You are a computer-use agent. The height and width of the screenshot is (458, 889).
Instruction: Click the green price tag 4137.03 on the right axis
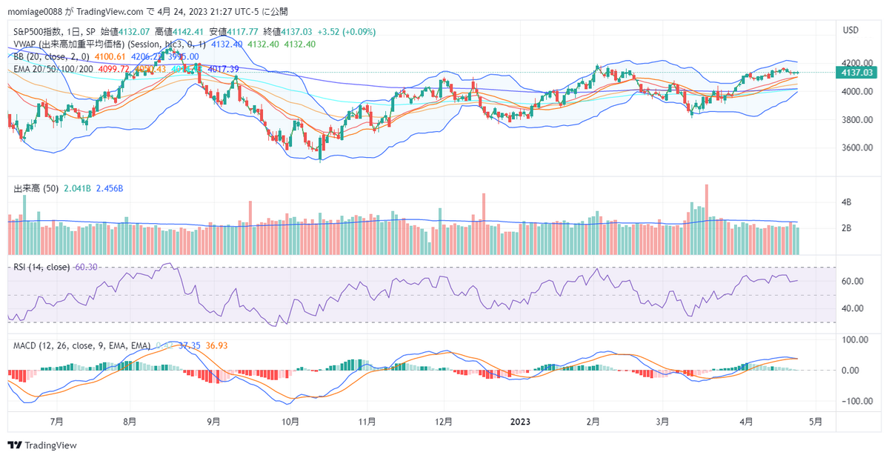coord(856,72)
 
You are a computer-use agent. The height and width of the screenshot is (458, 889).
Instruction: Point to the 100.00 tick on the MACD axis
coord(852,339)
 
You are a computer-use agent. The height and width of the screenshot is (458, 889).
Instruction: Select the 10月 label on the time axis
coord(290,422)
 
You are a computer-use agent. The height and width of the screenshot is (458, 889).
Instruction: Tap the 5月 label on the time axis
coord(815,422)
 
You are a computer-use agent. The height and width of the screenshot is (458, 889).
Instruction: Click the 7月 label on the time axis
coord(56,422)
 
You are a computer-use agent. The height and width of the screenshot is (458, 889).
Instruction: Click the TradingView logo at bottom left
coord(42,445)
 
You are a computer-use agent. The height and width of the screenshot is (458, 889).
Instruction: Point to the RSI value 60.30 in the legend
coord(87,268)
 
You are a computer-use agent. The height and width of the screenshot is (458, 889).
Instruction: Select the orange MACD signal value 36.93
coord(216,346)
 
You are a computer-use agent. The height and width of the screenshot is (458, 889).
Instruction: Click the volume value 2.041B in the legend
coord(76,188)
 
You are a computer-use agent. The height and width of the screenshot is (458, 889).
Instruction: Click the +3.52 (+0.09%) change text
coord(346,32)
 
